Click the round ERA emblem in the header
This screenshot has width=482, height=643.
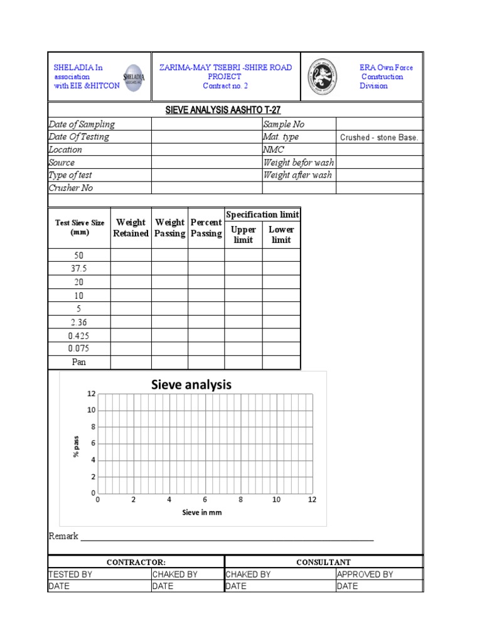coord(322,77)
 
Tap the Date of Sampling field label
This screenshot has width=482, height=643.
coord(82,124)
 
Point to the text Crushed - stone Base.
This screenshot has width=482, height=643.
coord(378,138)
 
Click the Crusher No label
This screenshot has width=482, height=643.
coord(71,188)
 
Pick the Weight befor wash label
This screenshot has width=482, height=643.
coord(298,163)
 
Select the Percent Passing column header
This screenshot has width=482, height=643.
coord(206,228)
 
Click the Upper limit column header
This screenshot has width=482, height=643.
coord(243,234)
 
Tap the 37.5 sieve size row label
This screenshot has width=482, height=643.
coord(79,269)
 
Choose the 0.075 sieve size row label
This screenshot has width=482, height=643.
coord(79,349)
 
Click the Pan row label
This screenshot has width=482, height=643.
coord(79,362)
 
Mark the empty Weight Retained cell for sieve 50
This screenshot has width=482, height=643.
coord(131,255)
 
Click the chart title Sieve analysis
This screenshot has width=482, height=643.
coord(191,384)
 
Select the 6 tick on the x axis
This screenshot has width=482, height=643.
coord(205,500)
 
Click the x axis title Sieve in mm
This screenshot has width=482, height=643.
coord(202,512)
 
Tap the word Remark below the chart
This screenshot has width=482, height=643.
coord(63,536)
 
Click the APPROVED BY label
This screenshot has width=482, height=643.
coord(365,574)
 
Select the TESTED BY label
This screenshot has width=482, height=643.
coord(70,574)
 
